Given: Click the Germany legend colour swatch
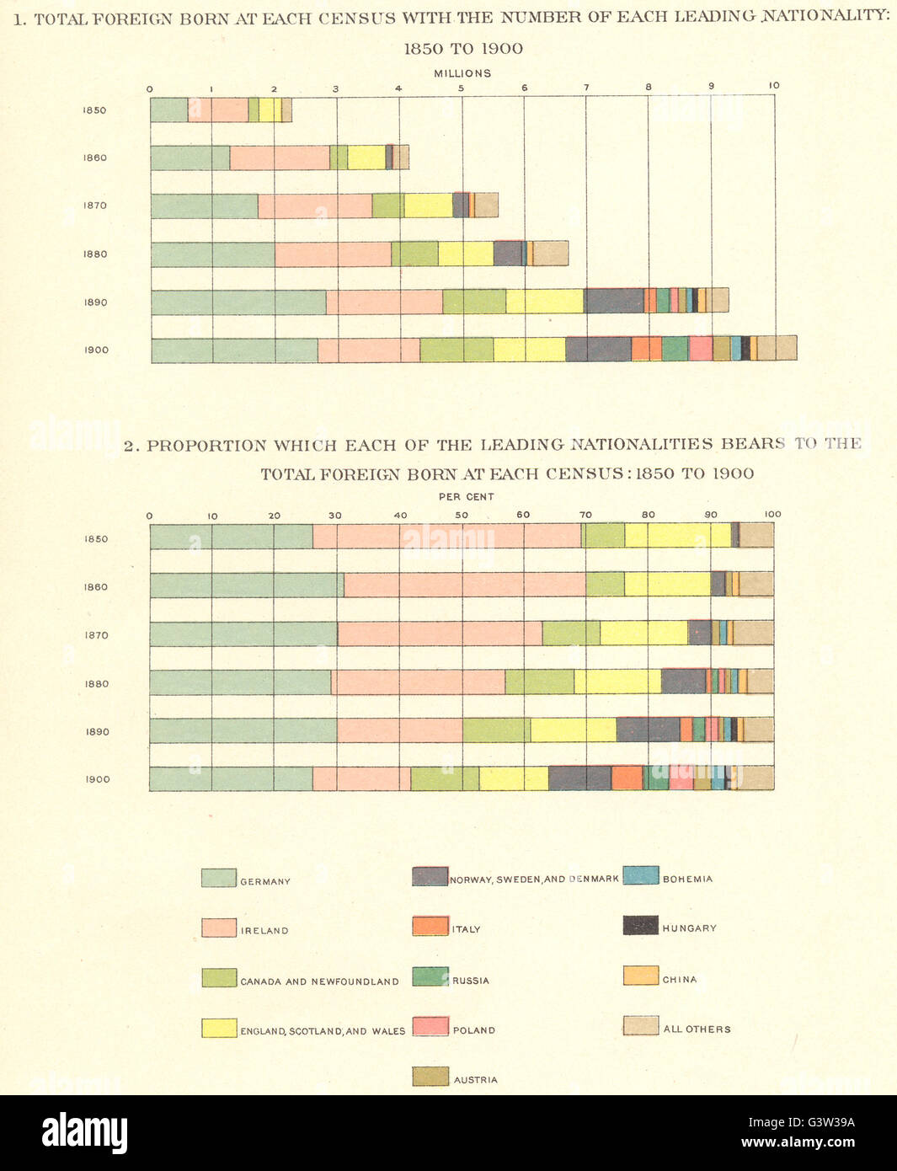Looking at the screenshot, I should point(218,878).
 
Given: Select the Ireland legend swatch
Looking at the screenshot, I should point(218,928).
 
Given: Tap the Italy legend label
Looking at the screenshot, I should point(466,929).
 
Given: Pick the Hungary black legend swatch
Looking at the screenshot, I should point(640,926).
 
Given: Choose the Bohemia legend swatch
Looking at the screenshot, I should point(640,876).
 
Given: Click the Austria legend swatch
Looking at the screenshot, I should point(430,1077).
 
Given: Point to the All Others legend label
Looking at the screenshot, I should point(697,1029).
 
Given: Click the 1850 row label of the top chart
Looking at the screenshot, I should point(94,110).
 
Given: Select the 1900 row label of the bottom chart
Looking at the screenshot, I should point(97,779).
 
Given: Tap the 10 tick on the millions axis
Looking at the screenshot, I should point(774,85).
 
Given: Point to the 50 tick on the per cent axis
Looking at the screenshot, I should point(462,515).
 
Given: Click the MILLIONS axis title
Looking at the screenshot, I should point(462,73).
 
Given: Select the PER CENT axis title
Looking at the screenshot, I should point(466,497).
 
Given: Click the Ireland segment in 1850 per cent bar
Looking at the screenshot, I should point(446,536).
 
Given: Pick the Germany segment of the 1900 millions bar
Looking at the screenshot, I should point(234,350).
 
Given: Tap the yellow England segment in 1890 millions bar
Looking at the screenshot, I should point(544,301).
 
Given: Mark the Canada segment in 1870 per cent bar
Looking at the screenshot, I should point(571,633).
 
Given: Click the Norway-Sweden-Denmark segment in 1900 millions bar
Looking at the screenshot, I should point(598,349).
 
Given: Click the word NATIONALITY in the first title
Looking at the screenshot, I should point(825,16).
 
